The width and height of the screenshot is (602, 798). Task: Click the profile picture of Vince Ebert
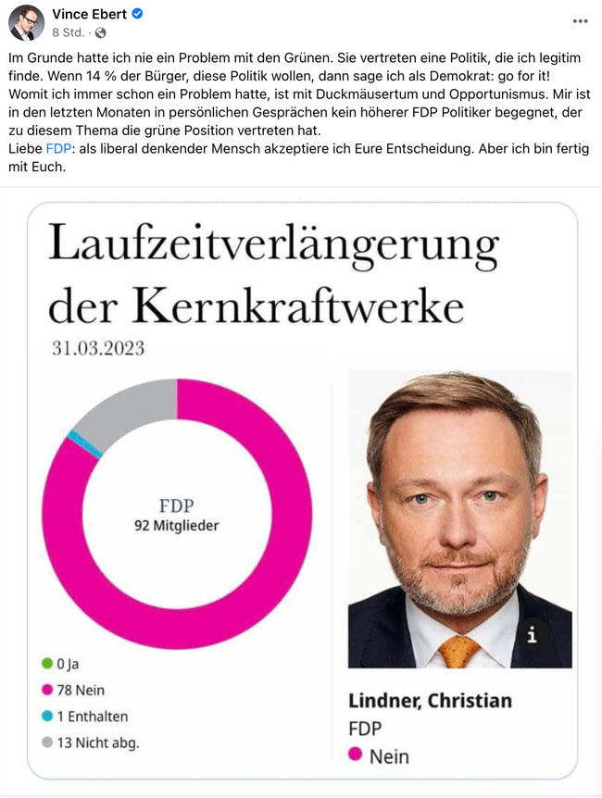point(27,22)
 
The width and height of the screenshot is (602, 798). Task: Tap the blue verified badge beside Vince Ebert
point(138,15)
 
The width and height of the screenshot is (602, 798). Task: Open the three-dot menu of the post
point(580,20)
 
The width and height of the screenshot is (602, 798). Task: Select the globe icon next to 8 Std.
point(100,33)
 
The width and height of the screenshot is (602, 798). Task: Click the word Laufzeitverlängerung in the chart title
point(273,248)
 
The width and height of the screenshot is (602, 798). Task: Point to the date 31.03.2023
point(98,349)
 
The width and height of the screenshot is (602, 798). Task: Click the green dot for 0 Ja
point(47,663)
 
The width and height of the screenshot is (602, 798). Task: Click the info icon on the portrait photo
point(532,635)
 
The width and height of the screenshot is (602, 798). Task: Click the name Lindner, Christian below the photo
point(430,700)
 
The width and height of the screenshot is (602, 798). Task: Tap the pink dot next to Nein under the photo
point(355,755)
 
